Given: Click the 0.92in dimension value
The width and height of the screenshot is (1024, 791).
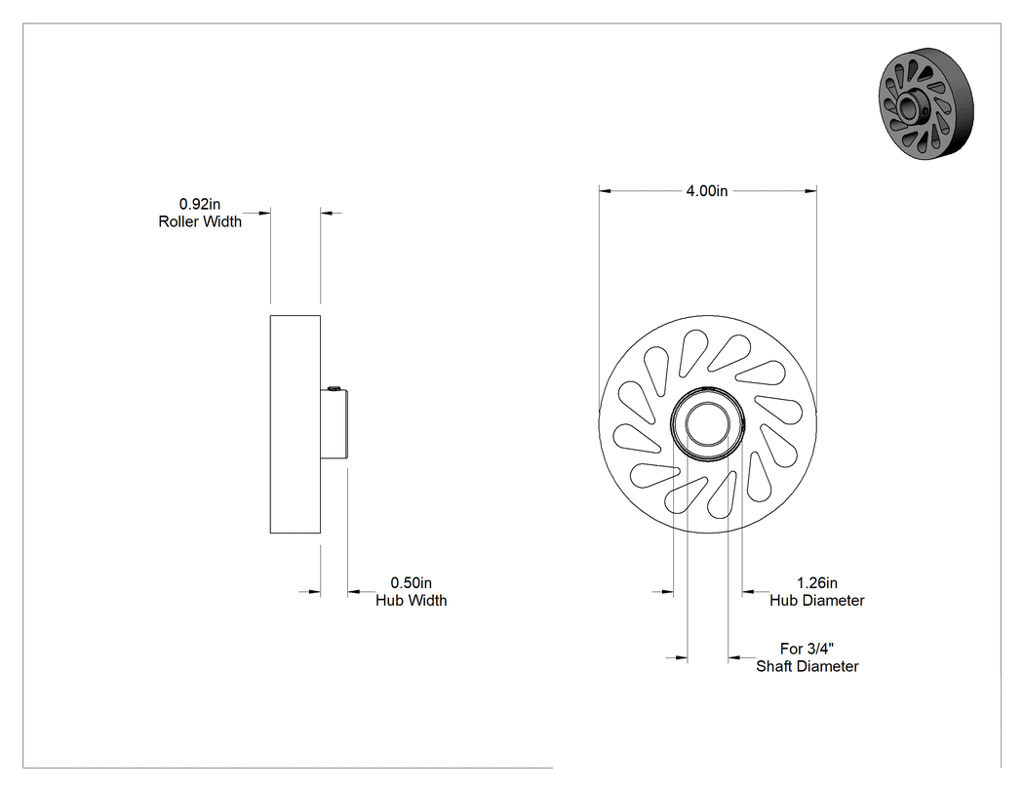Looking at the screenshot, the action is (x=200, y=205).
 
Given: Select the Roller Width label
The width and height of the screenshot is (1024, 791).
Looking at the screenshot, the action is (x=200, y=222).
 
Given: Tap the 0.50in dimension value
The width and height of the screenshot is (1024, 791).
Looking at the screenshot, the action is (x=412, y=582).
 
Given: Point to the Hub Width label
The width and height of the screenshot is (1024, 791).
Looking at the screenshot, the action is (x=412, y=600).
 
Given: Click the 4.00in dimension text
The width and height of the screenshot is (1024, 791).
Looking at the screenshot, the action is (x=707, y=191).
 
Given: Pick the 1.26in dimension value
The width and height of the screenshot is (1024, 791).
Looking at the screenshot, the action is (x=817, y=582).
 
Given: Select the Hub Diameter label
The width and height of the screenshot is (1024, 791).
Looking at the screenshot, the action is (x=817, y=600).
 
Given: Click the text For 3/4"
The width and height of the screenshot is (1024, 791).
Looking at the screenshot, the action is (x=807, y=649).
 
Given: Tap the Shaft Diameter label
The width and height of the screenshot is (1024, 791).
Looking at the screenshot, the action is (x=807, y=666).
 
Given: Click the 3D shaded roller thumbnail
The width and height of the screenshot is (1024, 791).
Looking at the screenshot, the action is (x=926, y=103).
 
